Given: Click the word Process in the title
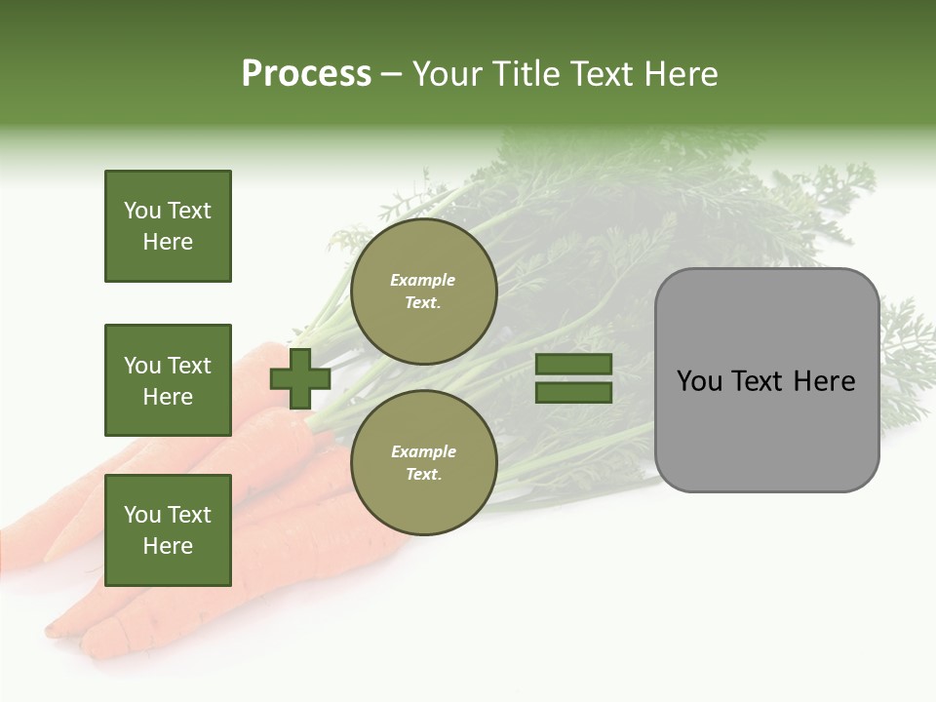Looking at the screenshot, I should [306, 74].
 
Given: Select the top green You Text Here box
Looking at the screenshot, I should [168, 226].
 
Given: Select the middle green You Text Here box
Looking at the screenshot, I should [168, 380].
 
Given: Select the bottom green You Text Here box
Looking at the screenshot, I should [168, 530].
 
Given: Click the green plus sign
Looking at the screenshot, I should [300, 379].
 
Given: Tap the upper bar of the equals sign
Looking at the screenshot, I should [574, 365].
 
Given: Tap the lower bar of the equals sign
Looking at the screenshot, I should [574, 393].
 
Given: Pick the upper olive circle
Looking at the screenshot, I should [424, 292].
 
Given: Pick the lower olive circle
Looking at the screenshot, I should [424, 463].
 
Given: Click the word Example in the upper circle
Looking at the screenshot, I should [423, 280].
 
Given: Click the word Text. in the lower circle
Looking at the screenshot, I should [423, 475].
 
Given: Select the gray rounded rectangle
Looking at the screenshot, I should [766, 429].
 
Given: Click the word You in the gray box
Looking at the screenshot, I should [698, 381].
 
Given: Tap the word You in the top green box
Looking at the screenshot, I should [142, 211].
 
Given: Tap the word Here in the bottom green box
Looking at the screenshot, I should [168, 546].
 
